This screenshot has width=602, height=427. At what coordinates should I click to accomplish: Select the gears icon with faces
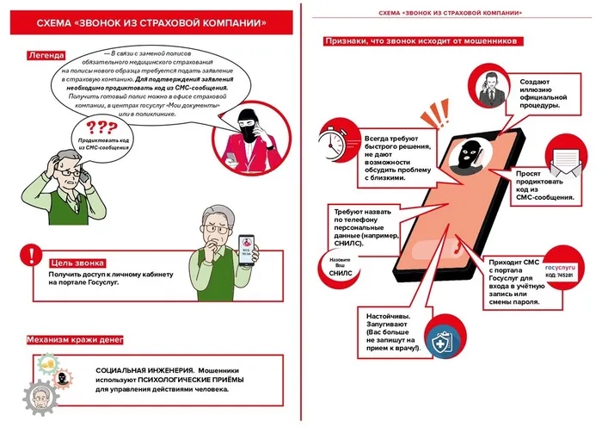[46, 383]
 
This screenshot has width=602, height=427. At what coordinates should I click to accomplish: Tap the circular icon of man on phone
[486, 87]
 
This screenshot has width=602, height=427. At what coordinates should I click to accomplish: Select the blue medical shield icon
[445, 339]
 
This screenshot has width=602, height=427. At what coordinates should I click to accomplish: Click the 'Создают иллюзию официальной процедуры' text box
[544, 93]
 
